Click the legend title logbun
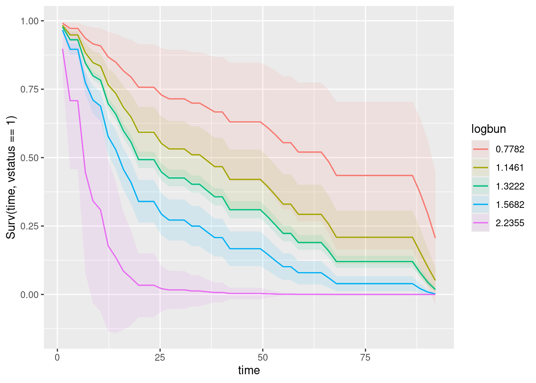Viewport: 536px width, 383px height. click(489, 129)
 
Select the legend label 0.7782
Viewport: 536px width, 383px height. click(510, 149)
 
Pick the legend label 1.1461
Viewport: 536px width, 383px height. click(510, 168)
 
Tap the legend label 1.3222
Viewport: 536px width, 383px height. click(510, 186)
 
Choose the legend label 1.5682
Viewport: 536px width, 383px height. click(510, 205)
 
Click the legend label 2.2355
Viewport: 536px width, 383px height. click(510, 223)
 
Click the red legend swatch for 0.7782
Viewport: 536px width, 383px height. click(481, 149)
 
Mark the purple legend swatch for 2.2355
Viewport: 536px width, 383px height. click(481, 223)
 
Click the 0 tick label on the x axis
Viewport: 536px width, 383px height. click(57, 357)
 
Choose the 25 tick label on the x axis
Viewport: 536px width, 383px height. click(160, 357)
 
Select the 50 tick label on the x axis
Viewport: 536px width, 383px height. click(262, 357)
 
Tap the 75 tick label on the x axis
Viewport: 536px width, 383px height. click(365, 357)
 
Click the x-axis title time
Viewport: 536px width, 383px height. click(249, 371)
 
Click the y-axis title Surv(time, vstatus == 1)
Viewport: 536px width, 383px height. click(11, 177)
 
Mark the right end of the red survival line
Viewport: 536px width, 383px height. click(435, 238)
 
